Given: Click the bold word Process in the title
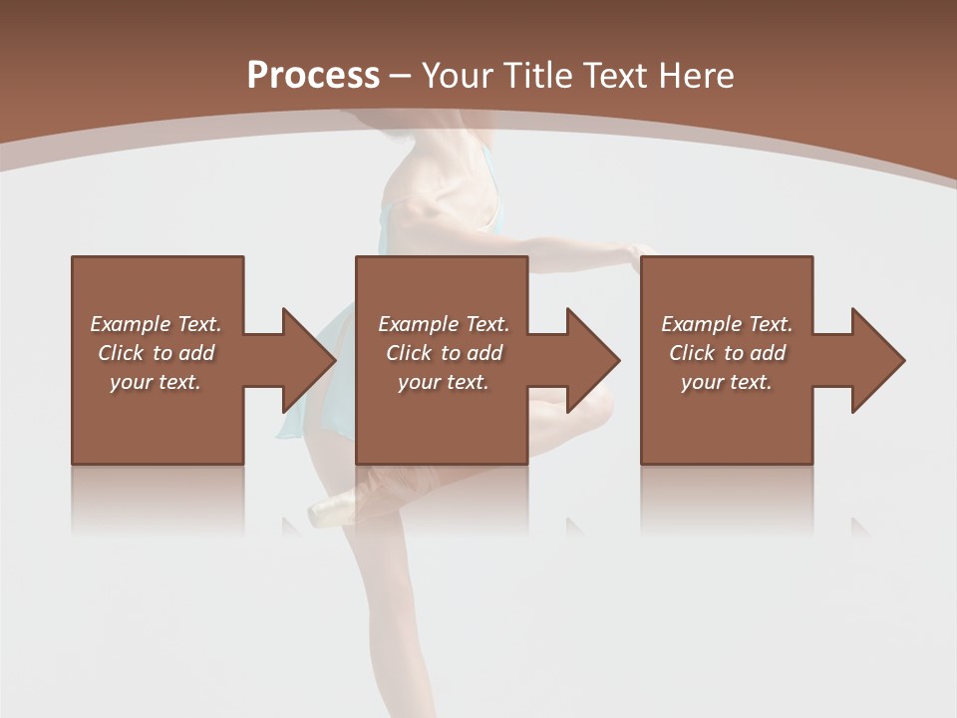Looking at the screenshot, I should pyautogui.click(x=313, y=75).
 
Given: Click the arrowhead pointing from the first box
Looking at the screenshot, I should pyautogui.click(x=310, y=360).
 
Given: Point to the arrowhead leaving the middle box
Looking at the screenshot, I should pyautogui.click(x=594, y=360).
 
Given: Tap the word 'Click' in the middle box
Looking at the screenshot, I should pyautogui.click(x=409, y=353).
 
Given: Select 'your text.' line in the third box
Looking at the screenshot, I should pyautogui.click(x=727, y=382).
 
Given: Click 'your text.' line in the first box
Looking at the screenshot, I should pyautogui.click(x=156, y=382).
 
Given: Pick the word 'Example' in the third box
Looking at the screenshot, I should pyautogui.click(x=701, y=324).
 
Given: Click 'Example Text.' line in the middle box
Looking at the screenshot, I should pyautogui.click(x=444, y=324).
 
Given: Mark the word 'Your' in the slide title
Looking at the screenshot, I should pyautogui.click(x=456, y=75).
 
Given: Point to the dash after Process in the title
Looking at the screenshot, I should pyautogui.click(x=400, y=77).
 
